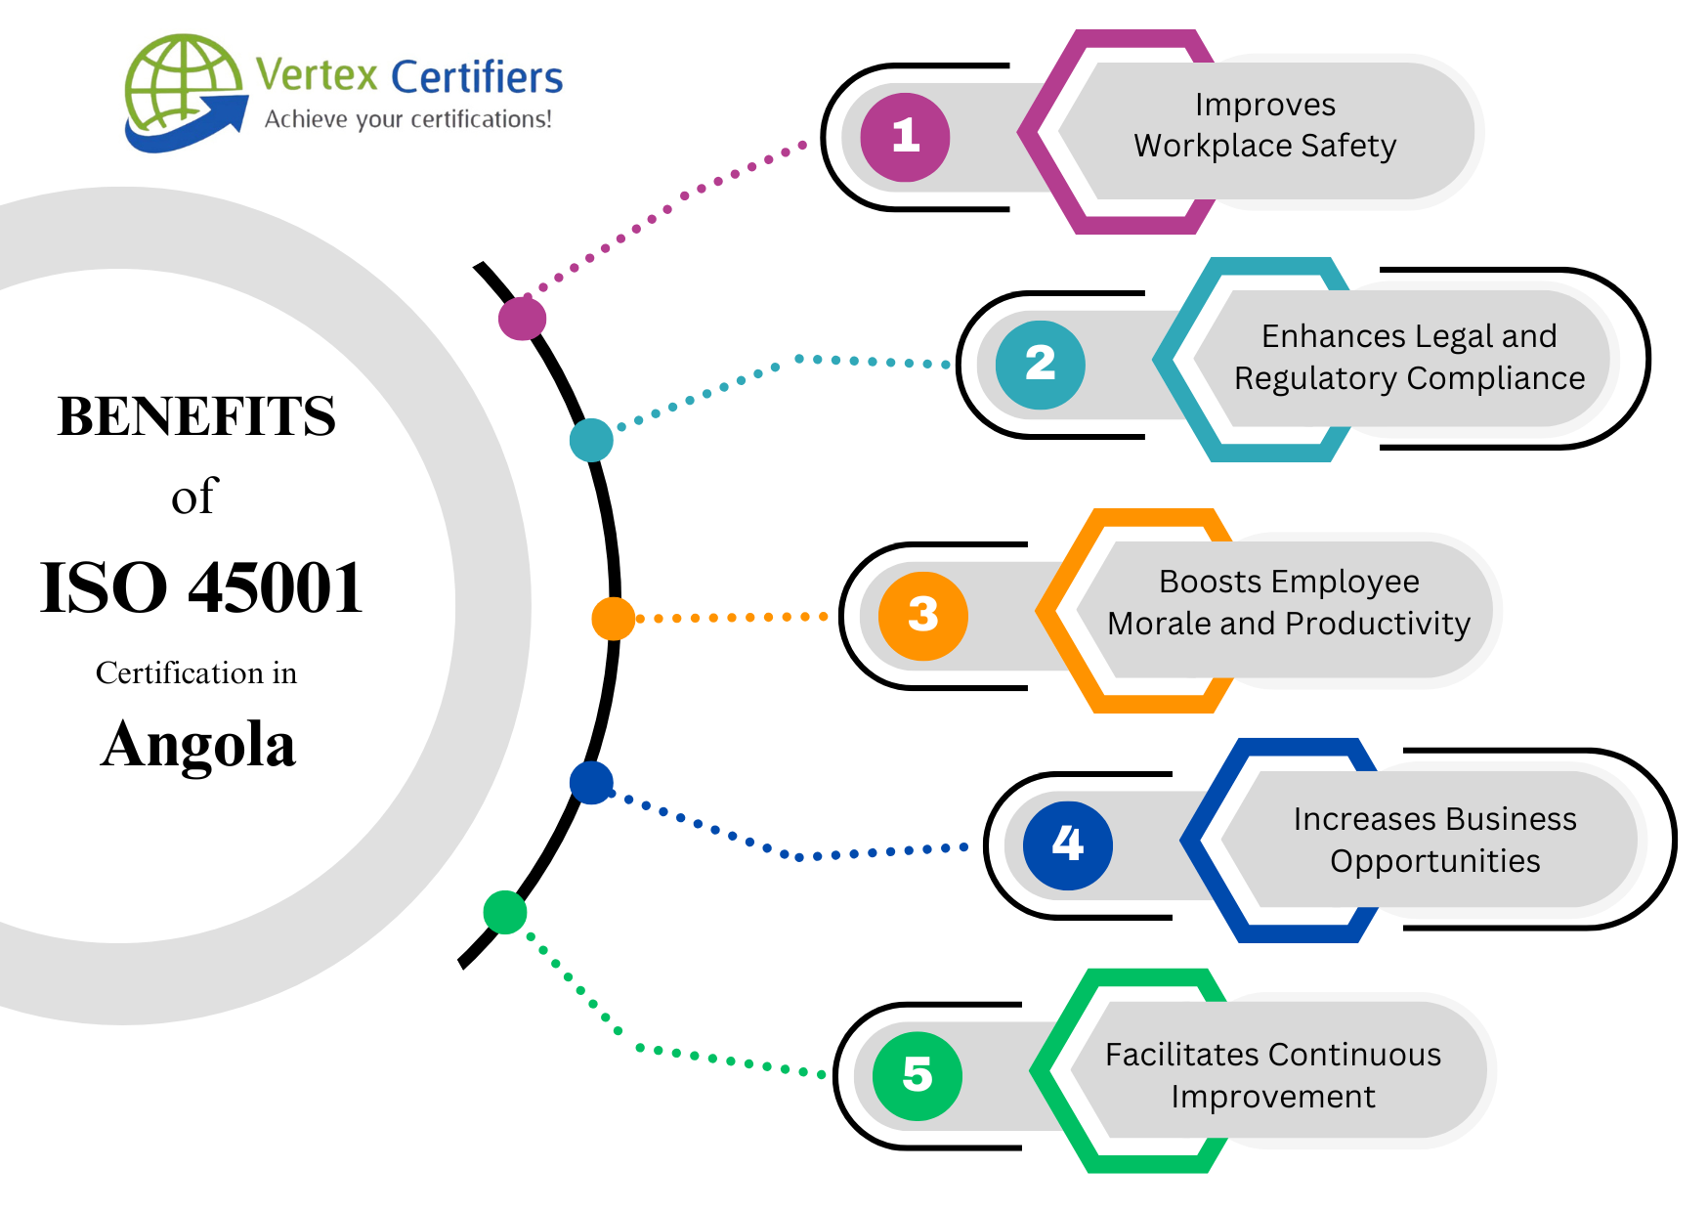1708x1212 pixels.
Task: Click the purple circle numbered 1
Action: click(x=905, y=137)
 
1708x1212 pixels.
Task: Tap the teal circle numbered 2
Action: click(x=1040, y=365)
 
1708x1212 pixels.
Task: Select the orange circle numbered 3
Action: click(x=922, y=616)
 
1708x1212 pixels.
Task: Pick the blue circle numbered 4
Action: click(x=1067, y=844)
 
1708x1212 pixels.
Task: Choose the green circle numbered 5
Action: click(x=917, y=1075)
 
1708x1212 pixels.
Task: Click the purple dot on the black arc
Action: click(x=522, y=318)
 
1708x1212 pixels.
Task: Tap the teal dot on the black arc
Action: click(x=591, y=440)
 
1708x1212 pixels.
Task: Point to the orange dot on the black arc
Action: click(x=614, y=619)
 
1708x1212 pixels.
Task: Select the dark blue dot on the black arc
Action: click(x=591, y=782)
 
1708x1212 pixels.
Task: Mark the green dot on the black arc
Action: click(x=505, y=912)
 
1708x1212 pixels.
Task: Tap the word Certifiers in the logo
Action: click(x=477, y=77)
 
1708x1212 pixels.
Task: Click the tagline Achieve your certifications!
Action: click(x=407, y=119)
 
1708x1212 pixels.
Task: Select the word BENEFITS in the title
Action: click(x=196, y=416)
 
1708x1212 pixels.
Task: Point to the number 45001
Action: click(x=276, y=588)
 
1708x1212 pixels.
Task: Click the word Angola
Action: click(x=198, y=745)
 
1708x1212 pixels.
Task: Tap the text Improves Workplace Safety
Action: click(x=1264, y=125)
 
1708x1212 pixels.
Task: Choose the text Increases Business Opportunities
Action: click(x=1434, y=840)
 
